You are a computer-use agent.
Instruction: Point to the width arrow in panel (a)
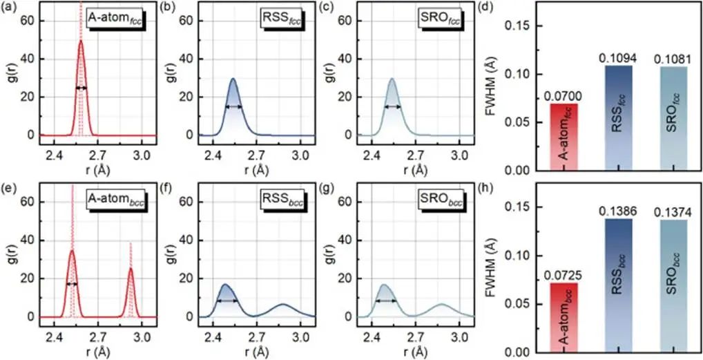click(81, 88)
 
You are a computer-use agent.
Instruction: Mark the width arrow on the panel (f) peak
click(227, 301)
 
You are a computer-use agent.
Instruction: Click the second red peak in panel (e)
click(131, 271)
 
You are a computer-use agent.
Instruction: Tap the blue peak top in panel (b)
click(233, 79)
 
